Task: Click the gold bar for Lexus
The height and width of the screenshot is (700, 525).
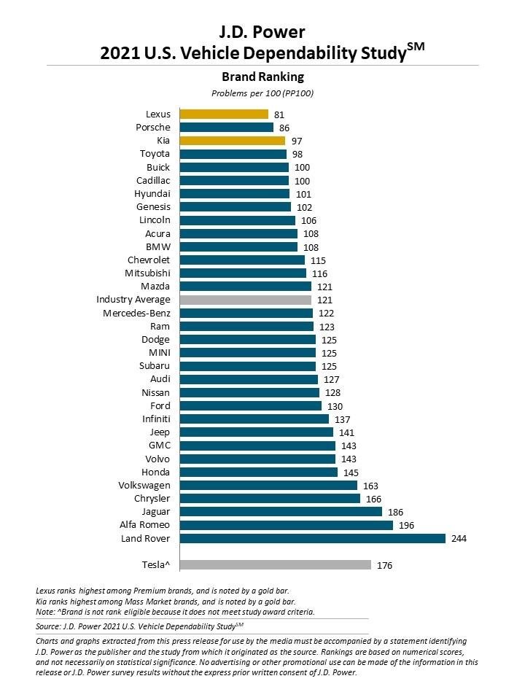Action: pos(224,114)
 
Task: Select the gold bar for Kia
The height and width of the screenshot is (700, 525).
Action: pos(233,140)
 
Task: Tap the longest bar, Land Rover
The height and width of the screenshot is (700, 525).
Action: pos(312,538)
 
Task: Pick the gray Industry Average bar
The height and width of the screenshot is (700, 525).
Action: pos(246,300)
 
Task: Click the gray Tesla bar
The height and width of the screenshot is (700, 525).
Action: pos(275,564)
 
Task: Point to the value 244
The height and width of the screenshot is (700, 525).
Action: pos(458,538)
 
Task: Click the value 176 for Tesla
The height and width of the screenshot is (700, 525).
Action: pos(384,564)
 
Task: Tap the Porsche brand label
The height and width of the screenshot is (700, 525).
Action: pos(153,127)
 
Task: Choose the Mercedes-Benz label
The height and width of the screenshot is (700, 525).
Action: pos(136,313)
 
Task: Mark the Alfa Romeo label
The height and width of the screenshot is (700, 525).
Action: pos(144,525)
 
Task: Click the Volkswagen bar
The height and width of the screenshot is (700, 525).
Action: pos(268,485)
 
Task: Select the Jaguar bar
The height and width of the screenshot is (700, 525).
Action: pos(281,512)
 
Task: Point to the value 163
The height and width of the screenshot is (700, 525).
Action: pos(370,485)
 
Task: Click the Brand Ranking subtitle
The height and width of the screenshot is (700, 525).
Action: pos(262,77)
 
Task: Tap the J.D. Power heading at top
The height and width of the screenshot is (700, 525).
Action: pos(262,31)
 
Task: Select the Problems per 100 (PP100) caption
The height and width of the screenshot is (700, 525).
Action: pos(262,93)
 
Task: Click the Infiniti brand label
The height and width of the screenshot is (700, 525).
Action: pos(156,419)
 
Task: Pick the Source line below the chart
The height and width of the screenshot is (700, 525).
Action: pos(139,626)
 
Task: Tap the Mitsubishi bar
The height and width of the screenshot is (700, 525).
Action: pos(243,273)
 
